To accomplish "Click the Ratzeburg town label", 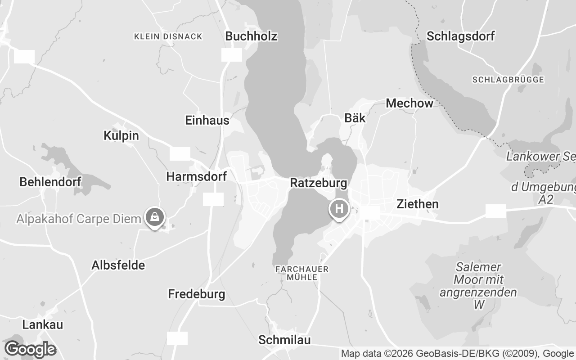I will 319,183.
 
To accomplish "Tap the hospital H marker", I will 339,209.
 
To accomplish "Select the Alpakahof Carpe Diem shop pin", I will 155,217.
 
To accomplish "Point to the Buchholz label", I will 251,36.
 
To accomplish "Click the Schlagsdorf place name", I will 460,36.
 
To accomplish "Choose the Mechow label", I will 409,103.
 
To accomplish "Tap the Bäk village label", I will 355,118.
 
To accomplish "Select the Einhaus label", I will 207,120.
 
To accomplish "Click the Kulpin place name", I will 121,135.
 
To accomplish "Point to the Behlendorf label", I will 50,182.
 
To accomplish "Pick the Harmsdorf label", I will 196,176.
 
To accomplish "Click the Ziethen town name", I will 417,204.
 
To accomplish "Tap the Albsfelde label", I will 118,265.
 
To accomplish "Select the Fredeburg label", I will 196,294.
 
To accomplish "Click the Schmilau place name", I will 284,340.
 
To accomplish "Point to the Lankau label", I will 43,324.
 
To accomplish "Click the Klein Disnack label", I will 168,36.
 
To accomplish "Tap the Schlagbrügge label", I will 508,80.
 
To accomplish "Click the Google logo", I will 30,349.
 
